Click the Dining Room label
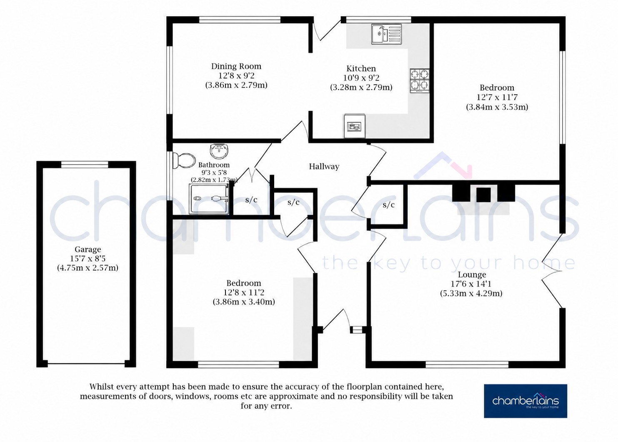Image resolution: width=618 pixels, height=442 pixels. click(236, 67)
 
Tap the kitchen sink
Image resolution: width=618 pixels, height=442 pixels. click(387, 34)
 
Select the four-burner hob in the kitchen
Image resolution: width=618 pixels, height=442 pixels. click(420, 80)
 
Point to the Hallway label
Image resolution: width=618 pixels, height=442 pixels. click(324, 167)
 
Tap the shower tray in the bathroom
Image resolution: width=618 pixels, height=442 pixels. click(209, 199)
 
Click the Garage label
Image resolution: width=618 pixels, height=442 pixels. click(88, 250)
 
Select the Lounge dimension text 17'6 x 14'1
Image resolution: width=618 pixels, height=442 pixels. click(471, 284)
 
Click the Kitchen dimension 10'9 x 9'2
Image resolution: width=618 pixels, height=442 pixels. click(361, 78)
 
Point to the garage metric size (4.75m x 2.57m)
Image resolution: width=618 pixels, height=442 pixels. click(88, 268)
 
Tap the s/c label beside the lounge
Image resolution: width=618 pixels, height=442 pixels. click(389, 205)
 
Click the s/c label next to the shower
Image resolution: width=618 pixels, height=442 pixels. click(251, 200)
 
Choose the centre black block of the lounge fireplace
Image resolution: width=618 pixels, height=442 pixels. click(483, 195)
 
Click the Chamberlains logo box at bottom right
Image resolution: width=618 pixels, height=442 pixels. click(525, 401)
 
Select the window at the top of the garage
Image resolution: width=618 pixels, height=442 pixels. click(85, 165)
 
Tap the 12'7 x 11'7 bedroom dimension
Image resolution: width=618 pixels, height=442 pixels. click(497, 97)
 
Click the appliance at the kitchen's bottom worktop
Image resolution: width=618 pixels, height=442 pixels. click(355, 126)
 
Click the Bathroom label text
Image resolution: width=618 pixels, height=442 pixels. click(214, 165)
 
